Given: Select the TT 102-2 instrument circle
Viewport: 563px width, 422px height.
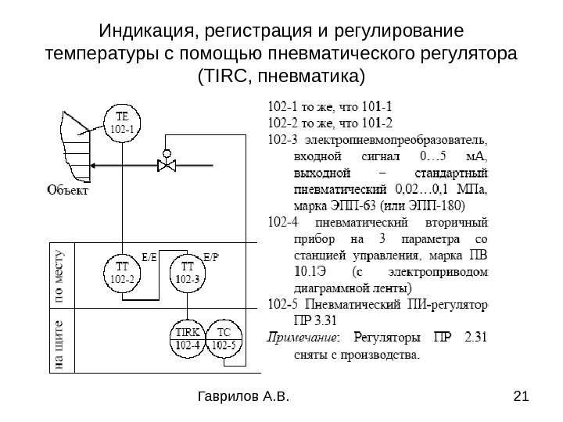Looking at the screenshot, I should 121,270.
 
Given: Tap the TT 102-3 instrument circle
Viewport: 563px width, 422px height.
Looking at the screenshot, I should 186,270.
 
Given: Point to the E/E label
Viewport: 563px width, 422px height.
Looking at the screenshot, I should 149,256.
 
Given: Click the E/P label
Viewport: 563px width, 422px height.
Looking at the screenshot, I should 211,256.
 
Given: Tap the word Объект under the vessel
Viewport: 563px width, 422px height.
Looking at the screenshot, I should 68,189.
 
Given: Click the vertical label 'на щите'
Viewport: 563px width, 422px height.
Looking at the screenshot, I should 61,344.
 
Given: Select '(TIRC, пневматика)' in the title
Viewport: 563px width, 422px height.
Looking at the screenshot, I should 281,77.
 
